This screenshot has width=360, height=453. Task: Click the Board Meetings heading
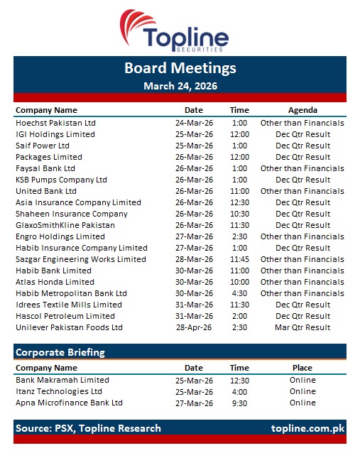(180, 68)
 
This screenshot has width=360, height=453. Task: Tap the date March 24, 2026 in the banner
(180, 86)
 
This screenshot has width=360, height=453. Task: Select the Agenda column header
(302, 110)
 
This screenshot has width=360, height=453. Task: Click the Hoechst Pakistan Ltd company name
(55, 123)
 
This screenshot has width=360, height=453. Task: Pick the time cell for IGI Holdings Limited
(239, 134)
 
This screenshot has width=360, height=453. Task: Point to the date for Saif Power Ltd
(194, 146)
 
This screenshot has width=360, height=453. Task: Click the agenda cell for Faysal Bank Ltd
(302, 168)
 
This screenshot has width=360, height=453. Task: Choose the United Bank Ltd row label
(46, 191)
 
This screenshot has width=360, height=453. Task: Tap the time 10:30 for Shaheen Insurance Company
(239, 214)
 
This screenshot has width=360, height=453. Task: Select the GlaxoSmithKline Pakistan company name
(65, 225)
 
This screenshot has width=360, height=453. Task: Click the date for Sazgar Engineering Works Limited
(194, 259)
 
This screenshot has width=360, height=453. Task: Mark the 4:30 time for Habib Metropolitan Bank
(239, 293)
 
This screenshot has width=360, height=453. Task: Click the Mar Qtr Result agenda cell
(302, 327)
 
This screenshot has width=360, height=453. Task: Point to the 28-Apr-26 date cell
(194, 327)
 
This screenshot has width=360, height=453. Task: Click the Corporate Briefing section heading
(60, 352)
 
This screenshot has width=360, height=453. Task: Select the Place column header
(302, 368)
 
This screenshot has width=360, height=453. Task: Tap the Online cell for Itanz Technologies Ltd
(302, 391)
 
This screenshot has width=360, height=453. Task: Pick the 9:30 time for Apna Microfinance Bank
(239, 403)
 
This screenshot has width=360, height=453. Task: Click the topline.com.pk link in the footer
(307, 428)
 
